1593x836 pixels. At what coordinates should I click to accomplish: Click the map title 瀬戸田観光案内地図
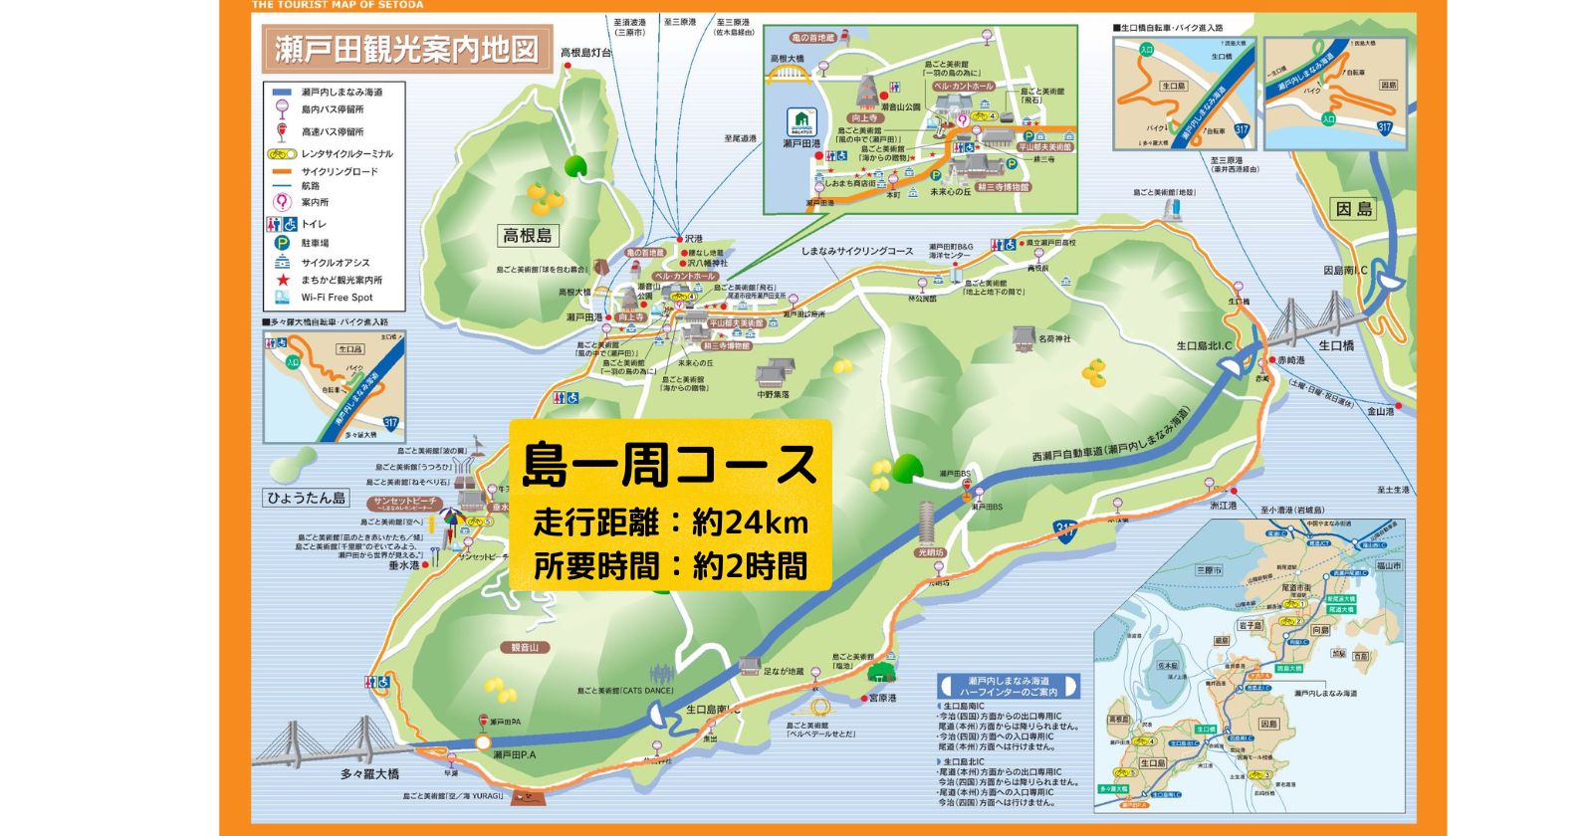pos(406,49)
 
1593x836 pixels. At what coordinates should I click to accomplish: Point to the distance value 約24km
pos(749,522)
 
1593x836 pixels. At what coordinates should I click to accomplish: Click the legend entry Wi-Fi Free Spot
pos(337,298)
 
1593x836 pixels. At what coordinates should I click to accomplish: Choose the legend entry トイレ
pos(314,224)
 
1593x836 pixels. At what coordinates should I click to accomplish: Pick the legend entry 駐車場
pos(315,243)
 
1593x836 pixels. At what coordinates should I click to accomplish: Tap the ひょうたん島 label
pos(306,498)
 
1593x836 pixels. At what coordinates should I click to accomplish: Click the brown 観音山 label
pos(525,648)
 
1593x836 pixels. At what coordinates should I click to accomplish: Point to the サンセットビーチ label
pos(405,502)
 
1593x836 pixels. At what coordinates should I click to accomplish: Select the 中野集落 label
pos(773,395)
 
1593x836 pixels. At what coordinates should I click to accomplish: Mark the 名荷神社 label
pos(1054,339)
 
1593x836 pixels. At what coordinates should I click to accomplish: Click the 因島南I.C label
pos(1345,270)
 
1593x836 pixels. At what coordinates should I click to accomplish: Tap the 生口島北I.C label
pos(1204,346)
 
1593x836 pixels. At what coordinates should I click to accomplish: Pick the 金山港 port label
pos(1380,411)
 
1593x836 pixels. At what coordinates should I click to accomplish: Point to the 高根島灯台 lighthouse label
pos(585,53)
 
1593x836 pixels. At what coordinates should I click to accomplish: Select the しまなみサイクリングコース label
pos(856,252)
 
